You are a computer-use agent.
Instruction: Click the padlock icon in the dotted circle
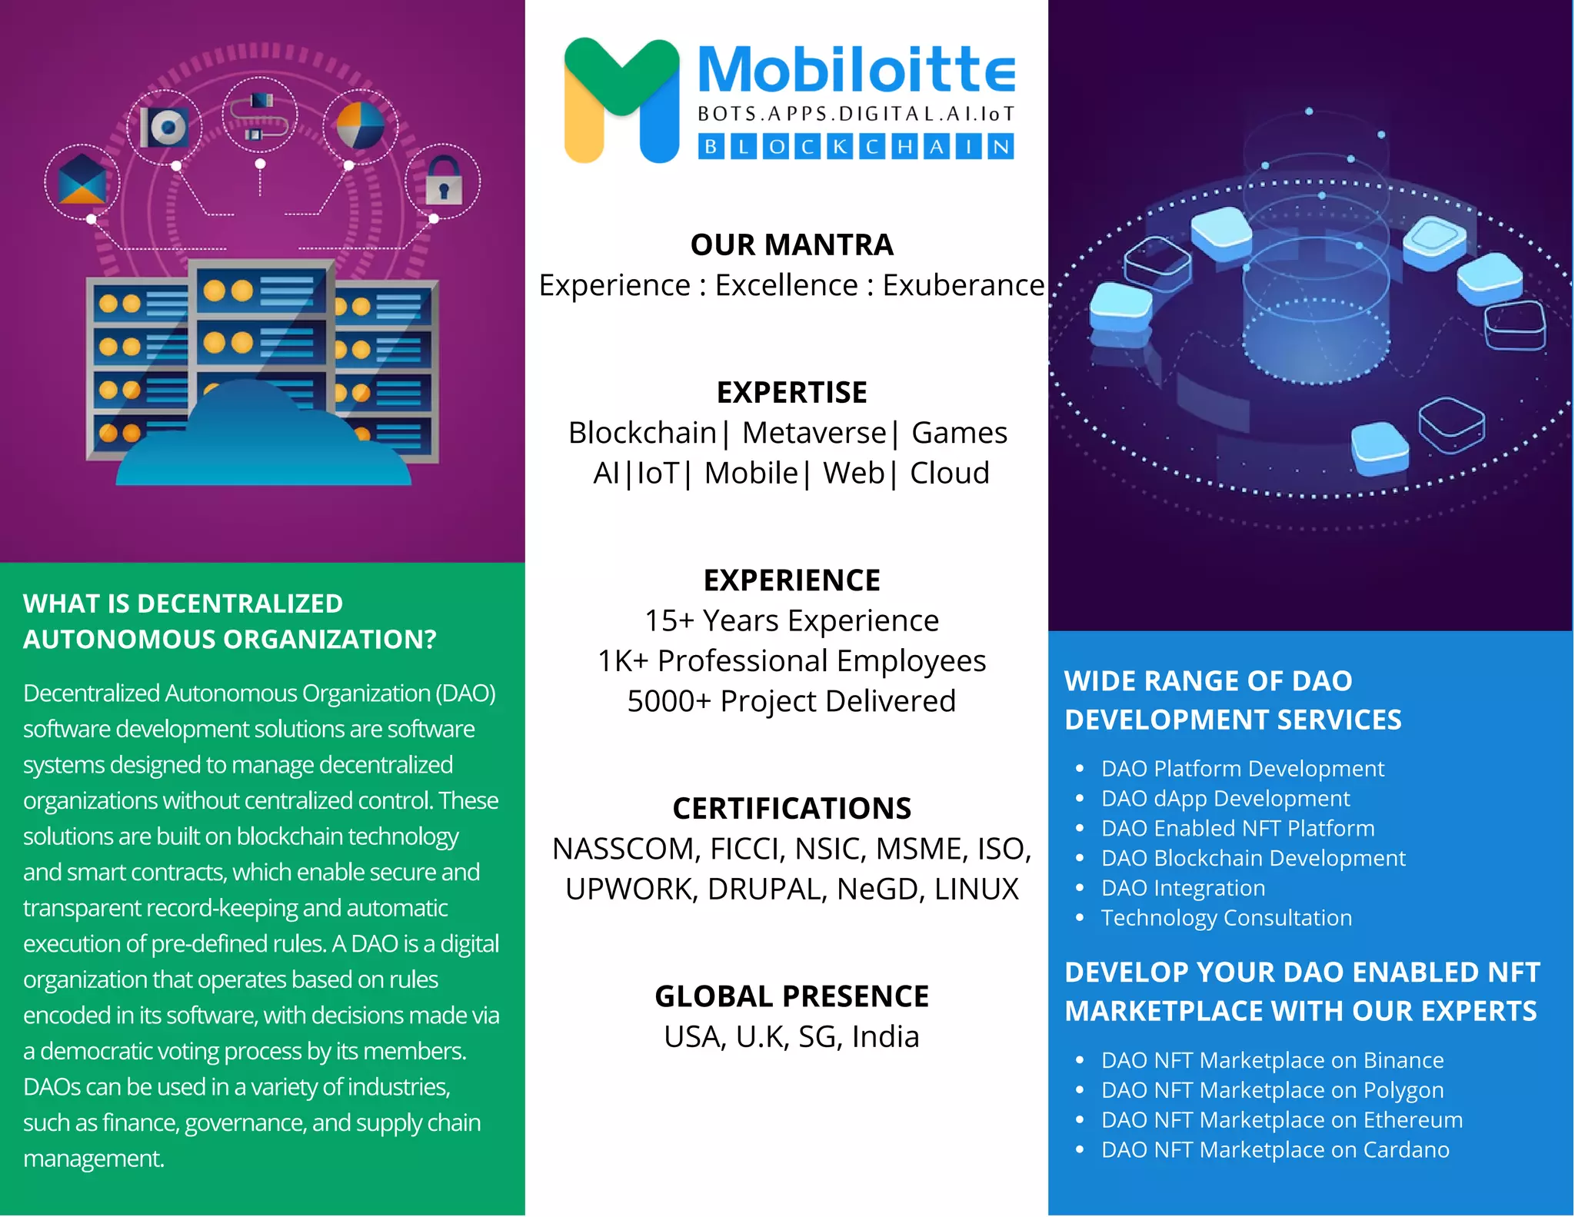(444, 181)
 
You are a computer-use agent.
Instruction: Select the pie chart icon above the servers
(360, 126)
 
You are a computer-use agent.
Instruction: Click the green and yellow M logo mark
(621, 100)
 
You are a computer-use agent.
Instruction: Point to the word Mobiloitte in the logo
(856, 71)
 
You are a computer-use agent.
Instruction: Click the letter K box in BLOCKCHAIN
(841, 147)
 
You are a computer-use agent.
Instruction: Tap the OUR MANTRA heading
(791, 245)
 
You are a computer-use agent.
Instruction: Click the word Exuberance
(963, 285)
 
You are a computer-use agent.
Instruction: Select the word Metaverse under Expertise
(814, 433)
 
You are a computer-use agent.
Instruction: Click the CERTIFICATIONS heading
(791, 809)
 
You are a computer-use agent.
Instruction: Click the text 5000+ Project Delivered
(791, 701)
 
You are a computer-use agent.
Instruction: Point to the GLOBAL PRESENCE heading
(791, 996)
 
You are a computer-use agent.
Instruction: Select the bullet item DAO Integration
(1183, 888)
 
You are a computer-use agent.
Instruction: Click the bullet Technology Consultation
(1226, 918)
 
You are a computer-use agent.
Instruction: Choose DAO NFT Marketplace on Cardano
(1275, 1150)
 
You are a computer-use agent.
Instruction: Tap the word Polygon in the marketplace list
(1404, 1090)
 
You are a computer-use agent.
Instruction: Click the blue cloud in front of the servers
(263, 442)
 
